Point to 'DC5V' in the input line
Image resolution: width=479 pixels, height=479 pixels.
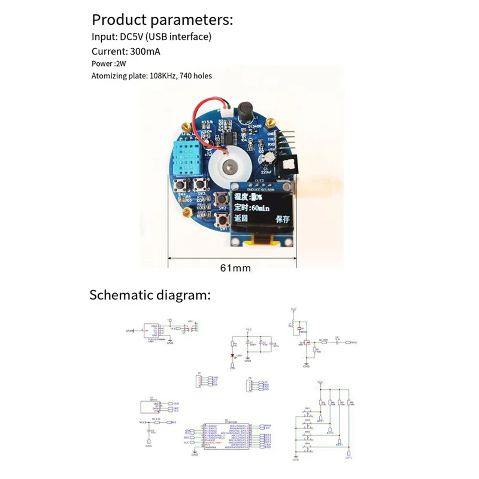tap(131, 37)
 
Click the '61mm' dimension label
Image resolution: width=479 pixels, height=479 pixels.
tap(235, 267)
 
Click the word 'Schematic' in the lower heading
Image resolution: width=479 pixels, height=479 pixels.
tap(117, 295)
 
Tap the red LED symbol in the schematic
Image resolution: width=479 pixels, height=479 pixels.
tap(233, 356)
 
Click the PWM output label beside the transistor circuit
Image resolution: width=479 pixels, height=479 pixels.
tap(353, 343)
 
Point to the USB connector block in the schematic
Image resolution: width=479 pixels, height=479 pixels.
tap(153, 331)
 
